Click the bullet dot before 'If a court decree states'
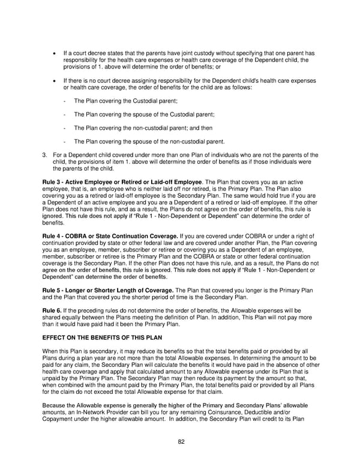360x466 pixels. click(56, 53)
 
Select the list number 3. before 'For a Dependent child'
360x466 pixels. click(45, 155)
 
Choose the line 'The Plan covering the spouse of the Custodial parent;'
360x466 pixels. click(143, 114)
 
